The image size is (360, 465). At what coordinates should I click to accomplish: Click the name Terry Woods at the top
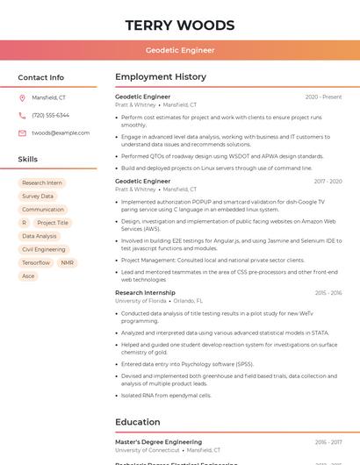tap(180, 25)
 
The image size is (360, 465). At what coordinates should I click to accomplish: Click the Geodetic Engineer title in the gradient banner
tap(180, 50)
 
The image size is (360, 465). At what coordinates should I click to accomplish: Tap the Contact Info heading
tap(40, 77)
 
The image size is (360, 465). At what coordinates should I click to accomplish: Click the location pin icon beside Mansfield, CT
tap(22, 97)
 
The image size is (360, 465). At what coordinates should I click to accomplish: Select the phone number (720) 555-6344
tap(50, 115)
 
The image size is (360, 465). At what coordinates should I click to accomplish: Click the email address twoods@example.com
tap(61, 132)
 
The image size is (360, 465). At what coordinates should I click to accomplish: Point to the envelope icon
tap(22, 132)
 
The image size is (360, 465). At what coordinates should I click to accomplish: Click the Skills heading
tap(28, 160)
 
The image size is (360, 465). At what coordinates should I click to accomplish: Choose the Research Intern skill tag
tap(42, 183)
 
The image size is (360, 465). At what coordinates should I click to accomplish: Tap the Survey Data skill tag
tap(38, 197)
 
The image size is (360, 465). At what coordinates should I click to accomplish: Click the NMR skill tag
tap(68, 262)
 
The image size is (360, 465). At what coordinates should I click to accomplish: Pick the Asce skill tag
tap(28, 275)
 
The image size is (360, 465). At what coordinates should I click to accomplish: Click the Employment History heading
tap(161, 77)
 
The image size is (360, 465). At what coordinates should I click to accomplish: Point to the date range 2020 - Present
tap(323, 97)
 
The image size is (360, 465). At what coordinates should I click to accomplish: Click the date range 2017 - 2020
tap(328, 181)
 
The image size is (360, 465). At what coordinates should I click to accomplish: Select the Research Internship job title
tap(145, 292)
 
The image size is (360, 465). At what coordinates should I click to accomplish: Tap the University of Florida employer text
tap(140, 300)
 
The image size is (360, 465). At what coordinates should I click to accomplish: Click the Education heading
tap(137, 422)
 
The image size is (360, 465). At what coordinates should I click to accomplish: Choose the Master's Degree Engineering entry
tap(158, 441)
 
